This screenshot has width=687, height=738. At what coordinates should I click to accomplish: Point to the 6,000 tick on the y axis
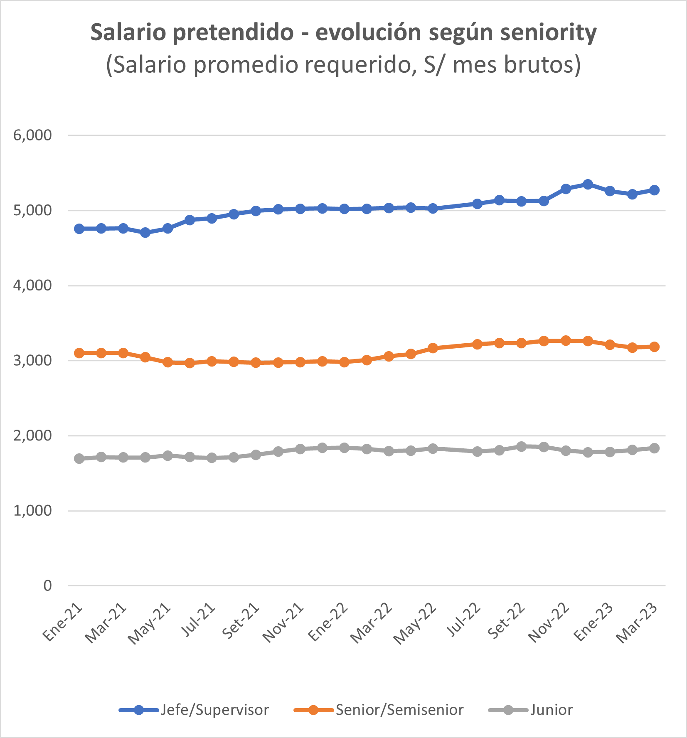tap(33, 135)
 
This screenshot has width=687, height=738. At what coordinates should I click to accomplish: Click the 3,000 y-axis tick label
tap(33, 361)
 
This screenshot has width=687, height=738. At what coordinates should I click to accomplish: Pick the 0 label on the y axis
tap(47, 586)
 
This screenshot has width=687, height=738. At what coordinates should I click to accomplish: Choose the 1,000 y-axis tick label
tap(33, 511)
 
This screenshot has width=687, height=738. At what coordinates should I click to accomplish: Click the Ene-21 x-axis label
tap(63, 622)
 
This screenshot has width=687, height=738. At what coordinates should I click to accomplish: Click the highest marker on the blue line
tap(588, 184)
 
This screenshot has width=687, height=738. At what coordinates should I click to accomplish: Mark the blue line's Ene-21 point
tap(79, 229)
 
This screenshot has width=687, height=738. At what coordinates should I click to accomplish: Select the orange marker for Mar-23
tap(654, 347)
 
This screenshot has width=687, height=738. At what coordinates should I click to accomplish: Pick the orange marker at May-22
tap(433, 348)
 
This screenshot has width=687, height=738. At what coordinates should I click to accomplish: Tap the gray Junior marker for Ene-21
tap(79, 459)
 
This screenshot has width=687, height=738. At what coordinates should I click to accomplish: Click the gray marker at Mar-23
tap(654, 448)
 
